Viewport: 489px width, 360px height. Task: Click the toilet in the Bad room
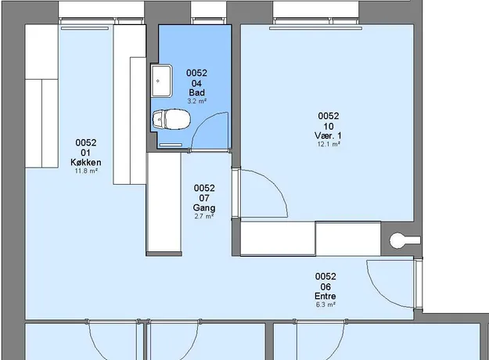click(x=171, y=119)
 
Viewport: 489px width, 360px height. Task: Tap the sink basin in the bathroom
click(x=161, y=81)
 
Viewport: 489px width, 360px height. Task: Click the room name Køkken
click(x=86, y=162)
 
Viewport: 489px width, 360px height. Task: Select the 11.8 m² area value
click(x=86, y=171)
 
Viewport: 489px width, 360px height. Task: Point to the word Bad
click(x=197, y=92)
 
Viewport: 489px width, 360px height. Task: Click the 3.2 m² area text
click(x=197, y=101)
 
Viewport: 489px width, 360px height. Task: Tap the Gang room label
click(x=204, y=207)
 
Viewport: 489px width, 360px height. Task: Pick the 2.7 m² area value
click(x=204, y=216)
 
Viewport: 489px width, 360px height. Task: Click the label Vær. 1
click(x=328, y=135)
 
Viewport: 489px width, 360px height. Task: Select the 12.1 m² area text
click(x=329, y=144)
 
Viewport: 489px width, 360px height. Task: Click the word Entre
click(x=325, y=296)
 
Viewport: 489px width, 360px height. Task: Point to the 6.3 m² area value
click(x=325, y=304)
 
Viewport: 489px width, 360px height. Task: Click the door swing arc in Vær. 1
click(x=275, y=183)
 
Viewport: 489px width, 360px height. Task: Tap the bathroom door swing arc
click(x=202, y=121)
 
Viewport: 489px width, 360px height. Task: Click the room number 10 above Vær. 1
click(x=329, y=126)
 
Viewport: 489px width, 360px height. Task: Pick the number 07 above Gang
click(x=204, y=198)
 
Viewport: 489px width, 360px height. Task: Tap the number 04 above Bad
click(x=196, y=83)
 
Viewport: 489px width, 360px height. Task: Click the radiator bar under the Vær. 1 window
click(x=315, y=28)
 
